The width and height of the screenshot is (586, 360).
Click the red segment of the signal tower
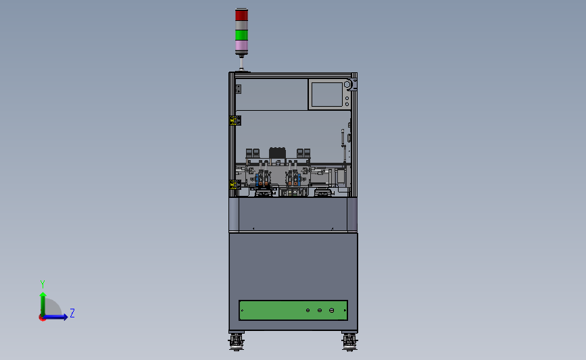[241, 15]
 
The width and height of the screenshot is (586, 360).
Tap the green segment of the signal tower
[241, 34]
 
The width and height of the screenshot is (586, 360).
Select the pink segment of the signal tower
[241, 47]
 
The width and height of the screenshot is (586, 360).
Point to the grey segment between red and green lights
[241, 25]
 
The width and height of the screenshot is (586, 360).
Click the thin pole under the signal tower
[241, 63]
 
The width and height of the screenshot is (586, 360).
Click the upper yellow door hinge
[234, 121]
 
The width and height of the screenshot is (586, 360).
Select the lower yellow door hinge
[234, 184]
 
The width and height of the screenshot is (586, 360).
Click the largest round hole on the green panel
[331, 310]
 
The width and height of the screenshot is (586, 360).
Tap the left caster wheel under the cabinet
[236, 342]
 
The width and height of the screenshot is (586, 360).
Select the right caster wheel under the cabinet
[349, 342]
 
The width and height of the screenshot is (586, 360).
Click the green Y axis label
[42, 284]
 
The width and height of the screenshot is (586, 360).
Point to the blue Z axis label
[72, 313]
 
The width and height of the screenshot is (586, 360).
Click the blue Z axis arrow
[61, 317]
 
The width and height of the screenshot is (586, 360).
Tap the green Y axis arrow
[43, 301]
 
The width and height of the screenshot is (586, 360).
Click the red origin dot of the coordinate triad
[43, 317]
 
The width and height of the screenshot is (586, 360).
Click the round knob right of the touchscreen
[348, 85]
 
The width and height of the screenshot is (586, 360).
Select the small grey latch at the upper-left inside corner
[237, 88]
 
